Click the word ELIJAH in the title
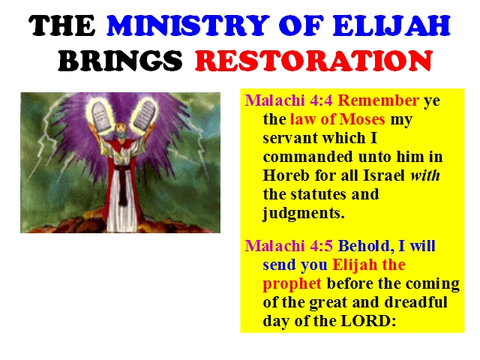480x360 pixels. [x=391, y=25]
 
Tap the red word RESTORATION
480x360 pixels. [x=313, y=61]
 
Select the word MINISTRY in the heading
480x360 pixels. [x=187, y=25]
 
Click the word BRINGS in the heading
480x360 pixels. [x=120, y=61]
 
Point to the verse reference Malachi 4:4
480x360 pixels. [x=288, y=100]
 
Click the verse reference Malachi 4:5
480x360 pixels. [x=288, y=246]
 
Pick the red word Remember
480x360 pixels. [x=378, y=100]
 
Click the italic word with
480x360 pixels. [x=425, y=175]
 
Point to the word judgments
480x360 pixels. [x=304, y=214]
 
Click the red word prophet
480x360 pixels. [x=292, y=284]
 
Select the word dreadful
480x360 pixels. [x=415, y=302]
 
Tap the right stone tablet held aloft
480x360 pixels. [x=145, y=115]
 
